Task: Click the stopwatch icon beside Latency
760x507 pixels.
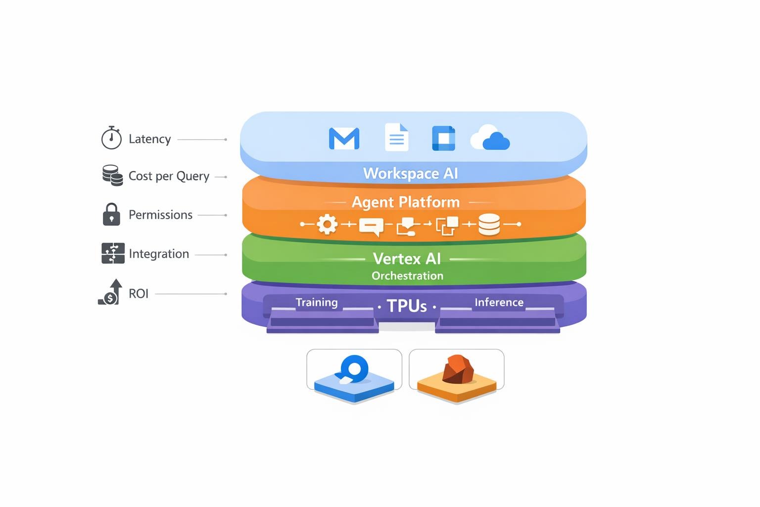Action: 111,138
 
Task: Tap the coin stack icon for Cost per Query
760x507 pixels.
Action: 113,175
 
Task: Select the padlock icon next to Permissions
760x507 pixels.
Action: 111,214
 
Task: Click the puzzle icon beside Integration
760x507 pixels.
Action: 113,253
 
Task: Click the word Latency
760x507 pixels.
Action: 149,139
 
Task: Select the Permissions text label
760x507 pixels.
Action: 160,215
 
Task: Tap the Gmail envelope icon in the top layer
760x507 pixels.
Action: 344,139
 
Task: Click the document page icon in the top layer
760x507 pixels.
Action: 396,137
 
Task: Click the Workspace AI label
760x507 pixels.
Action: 411,173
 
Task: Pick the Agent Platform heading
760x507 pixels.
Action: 406,202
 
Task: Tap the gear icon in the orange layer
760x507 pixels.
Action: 327,224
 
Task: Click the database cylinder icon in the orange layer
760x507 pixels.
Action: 489,224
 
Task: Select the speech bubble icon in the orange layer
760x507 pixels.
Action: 371,226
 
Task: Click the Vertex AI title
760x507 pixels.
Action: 407,258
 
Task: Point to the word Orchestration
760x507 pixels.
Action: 407,276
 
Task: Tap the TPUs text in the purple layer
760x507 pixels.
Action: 407,306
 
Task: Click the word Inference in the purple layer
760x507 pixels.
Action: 499,303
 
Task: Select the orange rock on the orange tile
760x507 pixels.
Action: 458,369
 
